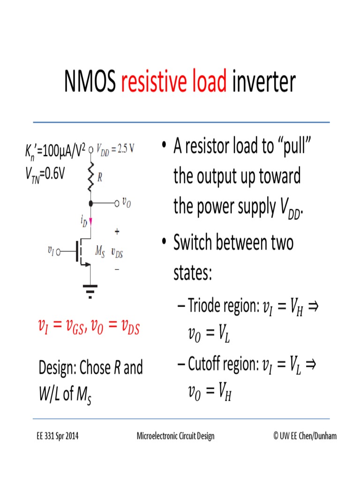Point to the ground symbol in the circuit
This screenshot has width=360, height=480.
click(90, 291)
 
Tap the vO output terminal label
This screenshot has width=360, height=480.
click(126, 202)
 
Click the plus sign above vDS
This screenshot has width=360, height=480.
click(117, 232)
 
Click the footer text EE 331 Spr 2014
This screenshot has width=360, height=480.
click(58, 436)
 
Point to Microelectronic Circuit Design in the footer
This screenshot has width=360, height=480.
click(175, 436)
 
